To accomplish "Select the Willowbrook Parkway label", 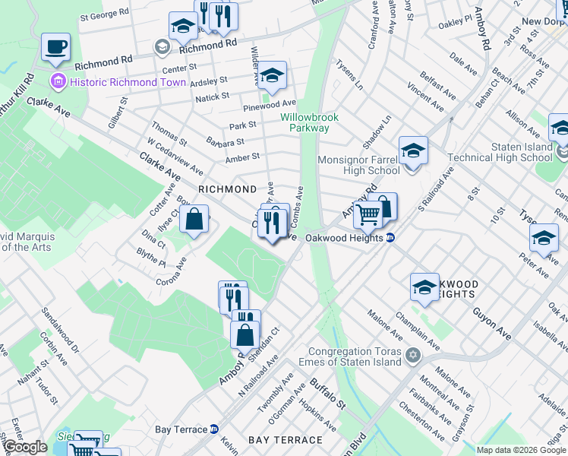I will [305, 122].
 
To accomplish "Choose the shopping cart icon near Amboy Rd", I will [368, 214].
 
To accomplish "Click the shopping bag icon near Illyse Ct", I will [195, 220].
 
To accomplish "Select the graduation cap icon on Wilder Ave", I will [272, 76].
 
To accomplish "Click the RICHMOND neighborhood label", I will [227, 188].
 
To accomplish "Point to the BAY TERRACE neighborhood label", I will [286, 440].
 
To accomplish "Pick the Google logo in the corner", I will [25, 447].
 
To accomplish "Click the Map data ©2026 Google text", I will [519, 450].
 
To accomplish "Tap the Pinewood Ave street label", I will [269, 103].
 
